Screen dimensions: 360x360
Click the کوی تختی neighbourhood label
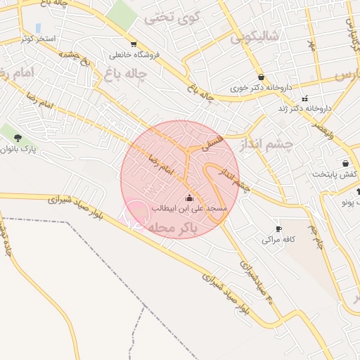click(172, 18)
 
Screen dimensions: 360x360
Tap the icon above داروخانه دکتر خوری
click(262, 77)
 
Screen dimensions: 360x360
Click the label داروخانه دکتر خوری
click(261, 89)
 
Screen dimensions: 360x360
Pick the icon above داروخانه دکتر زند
click(304, 98)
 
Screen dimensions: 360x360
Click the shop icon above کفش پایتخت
click(345, 163)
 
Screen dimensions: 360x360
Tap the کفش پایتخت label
click(330, 174)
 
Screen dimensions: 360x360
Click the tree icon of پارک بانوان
click(18, 138)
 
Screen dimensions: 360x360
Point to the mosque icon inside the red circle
click(188, 197)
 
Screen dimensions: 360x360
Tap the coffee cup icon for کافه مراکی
click(278, 229)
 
